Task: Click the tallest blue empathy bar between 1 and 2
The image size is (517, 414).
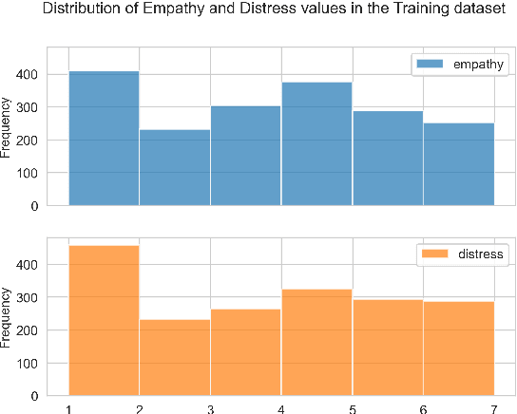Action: [104, 139]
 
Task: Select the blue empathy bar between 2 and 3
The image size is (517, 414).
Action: [175, 168]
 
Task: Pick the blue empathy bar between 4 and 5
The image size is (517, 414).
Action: [316, 144]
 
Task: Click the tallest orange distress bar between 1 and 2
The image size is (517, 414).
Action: [104, 320]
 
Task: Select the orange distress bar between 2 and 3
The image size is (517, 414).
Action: [175, 357]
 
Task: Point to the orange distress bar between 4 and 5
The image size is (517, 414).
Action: [316, 342]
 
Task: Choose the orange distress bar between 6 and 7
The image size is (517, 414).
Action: [459, 348]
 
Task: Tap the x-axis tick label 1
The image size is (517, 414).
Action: [68, 407]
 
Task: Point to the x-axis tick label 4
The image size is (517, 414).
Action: [281, 407]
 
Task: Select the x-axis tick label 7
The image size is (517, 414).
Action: [494, 407]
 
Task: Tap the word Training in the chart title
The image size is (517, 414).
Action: [379, 10]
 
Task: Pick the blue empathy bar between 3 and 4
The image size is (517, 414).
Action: [246, 157]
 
